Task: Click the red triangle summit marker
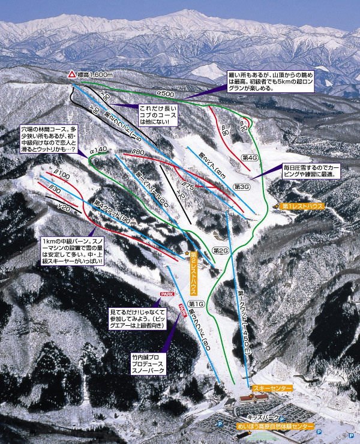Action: point(71,75)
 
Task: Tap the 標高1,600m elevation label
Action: point(97,74)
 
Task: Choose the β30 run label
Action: point(55,189)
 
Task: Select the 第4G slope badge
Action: point(249,157)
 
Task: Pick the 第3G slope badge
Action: point(241,187)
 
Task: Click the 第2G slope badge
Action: point(221,250)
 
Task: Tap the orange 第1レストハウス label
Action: point(303,206)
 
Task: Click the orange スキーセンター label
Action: point(271,389)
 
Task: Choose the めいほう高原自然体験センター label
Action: point(275,426)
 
